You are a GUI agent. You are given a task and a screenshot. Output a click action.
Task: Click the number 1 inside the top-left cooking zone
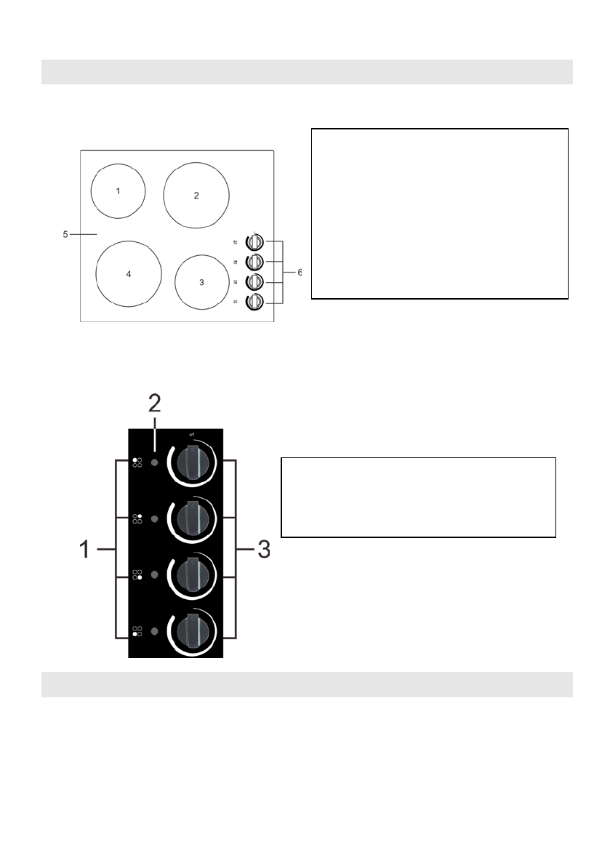(118, 191)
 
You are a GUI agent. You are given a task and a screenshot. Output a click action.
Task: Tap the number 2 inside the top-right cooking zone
(196, 196)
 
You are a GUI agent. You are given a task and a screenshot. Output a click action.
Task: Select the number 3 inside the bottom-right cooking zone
(201, 282)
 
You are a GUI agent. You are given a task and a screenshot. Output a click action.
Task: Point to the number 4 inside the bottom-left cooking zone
(129, 274)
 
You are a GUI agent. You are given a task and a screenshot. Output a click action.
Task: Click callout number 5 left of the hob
(65, 234)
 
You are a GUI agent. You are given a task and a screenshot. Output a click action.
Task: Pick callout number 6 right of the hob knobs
(300, 272)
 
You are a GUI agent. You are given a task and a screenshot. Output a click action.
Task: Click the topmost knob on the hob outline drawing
(254, 242)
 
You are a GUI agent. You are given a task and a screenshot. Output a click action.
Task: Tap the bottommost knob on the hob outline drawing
(254, 302)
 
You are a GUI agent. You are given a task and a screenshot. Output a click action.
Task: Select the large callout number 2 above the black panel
(155, 404)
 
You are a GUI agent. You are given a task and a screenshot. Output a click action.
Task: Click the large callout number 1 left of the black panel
(84, 549)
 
